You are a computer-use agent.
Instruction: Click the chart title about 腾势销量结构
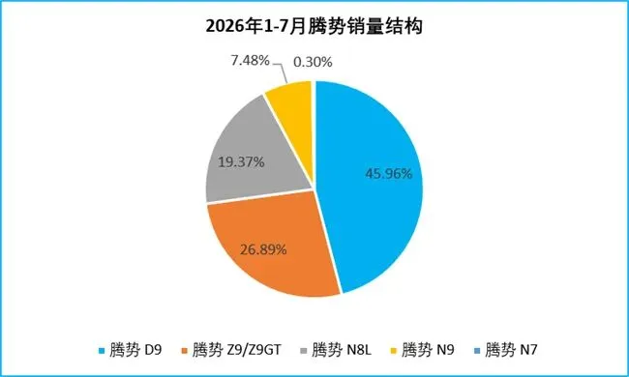pos(314,26)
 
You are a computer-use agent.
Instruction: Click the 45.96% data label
pos(389,174)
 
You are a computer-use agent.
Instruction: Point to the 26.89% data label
pos(263,249)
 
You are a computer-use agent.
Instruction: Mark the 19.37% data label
pos(241,162)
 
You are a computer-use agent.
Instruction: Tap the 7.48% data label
pos(250,61)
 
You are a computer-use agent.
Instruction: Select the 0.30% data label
pos(313,62)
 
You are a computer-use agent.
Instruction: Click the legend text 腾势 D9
pos(135,350)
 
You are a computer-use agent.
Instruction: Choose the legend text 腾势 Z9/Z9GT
pos(237,350)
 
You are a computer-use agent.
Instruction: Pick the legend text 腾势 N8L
pos(342,350)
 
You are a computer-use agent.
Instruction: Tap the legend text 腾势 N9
pos(428,350)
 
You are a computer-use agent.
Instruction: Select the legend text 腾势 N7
pos(511,350)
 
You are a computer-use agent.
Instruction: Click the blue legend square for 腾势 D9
pos(102,351)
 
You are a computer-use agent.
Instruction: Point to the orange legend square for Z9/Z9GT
pos(185,351)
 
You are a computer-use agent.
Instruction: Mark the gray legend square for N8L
pos(304,351)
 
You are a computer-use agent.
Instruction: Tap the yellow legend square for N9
pos(394,351)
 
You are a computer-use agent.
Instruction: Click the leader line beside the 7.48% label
pos(282,72)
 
